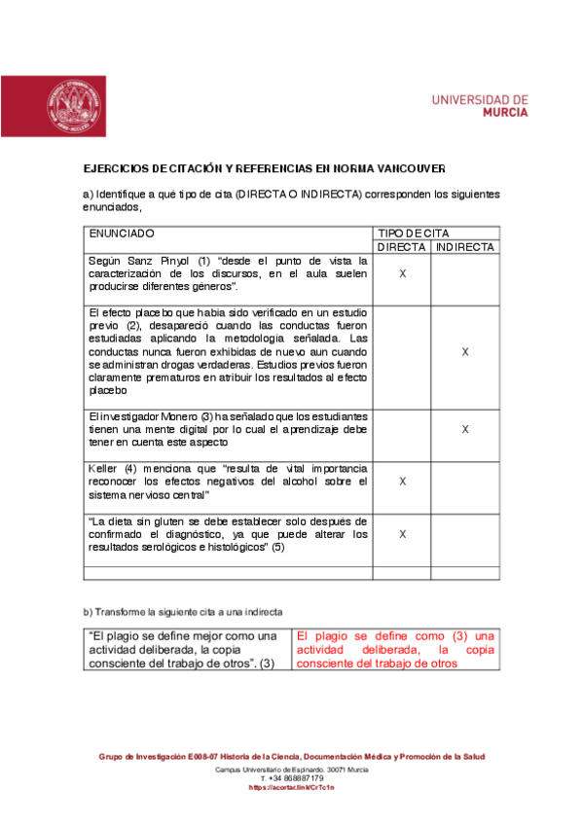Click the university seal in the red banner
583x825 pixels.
coord(75,105)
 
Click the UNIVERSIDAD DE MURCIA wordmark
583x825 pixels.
coord(479,105)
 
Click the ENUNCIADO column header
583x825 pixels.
coord(122,233)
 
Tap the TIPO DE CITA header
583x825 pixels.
coord(413,233)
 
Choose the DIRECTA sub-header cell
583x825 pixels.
coord(402,247)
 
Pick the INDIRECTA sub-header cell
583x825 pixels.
coord(465,247)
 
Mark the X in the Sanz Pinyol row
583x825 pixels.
coord(402,274)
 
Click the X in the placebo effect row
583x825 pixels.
coord(465,351)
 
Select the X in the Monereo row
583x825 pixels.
coord(465,429)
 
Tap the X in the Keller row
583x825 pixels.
coord(402,482)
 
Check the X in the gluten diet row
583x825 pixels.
coord(402,534)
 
